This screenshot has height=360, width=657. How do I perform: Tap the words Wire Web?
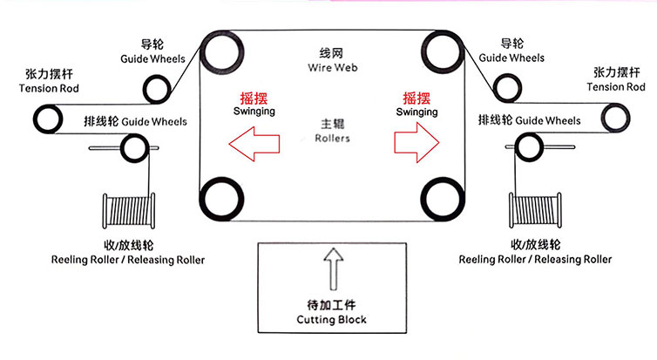click(328, 67)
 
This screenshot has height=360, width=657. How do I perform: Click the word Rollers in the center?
click(328, 138)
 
